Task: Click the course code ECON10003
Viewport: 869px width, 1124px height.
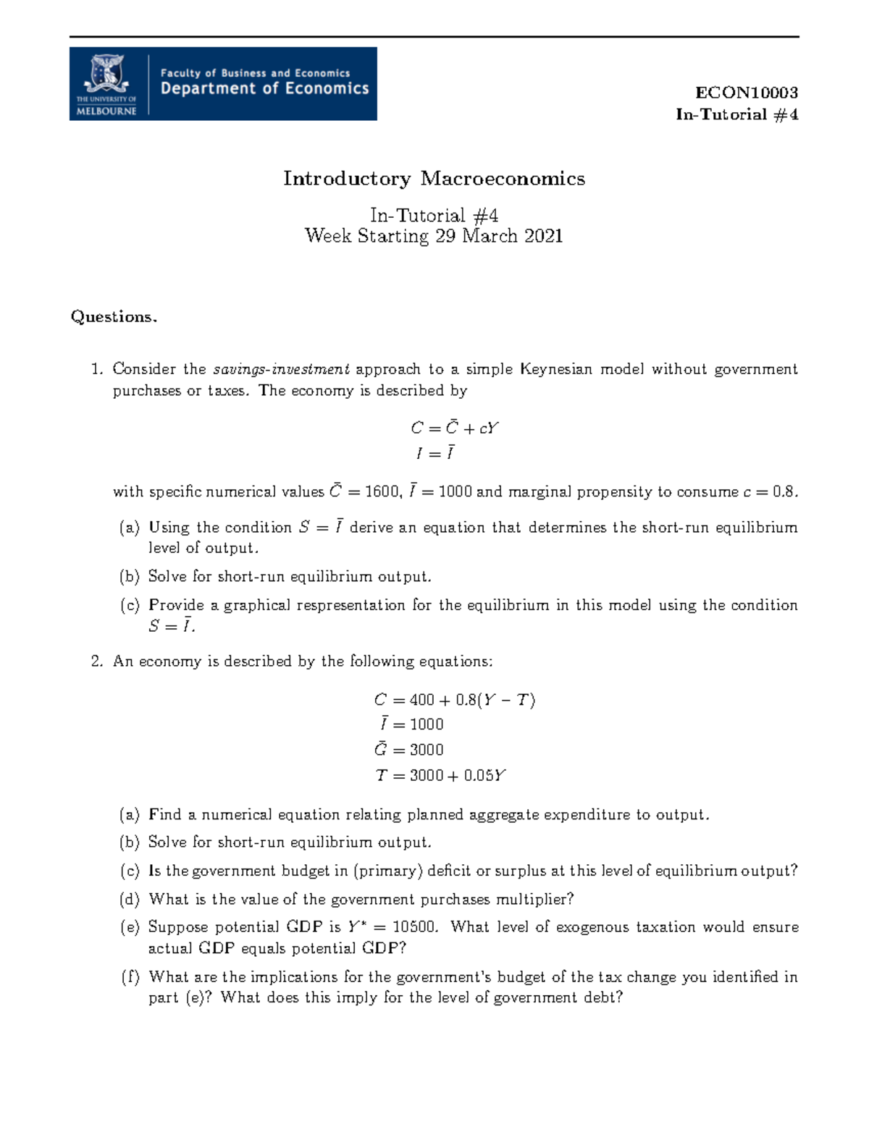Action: (x=746, y=93)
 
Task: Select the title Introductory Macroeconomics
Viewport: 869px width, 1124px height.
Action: (x=434, y=179)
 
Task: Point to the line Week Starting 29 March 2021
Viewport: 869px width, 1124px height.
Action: (x=434, y=236)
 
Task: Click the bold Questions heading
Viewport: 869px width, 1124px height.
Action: (x=114, y=317)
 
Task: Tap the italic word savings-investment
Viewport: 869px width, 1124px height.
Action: (x=281, y=369)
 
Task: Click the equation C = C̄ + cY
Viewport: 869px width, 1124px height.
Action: (x=454, y=428)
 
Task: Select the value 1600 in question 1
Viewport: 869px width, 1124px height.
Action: (x=381, y=492)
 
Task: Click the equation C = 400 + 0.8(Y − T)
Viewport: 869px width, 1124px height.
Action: (x=454, y=700)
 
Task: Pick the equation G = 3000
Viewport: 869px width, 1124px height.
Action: (x=408, y=750)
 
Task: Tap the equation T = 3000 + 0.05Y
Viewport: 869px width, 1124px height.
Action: (x=440, y=775)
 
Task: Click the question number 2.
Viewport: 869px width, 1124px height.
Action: (x=96, y=662)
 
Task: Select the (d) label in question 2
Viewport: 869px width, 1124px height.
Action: (x=130, y=900)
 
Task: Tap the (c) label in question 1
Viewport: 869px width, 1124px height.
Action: (x=130, y=605)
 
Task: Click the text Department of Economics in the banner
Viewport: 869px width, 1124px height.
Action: (x=264, y=89)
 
